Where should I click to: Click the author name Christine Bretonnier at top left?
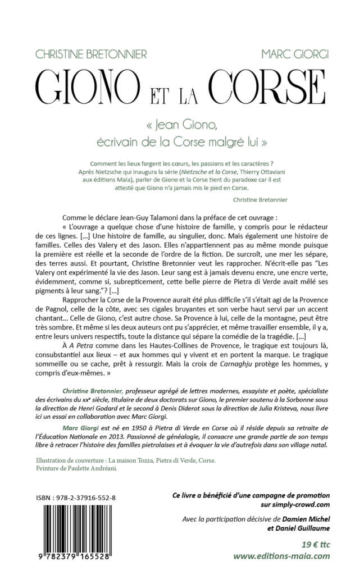coord(90,54)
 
